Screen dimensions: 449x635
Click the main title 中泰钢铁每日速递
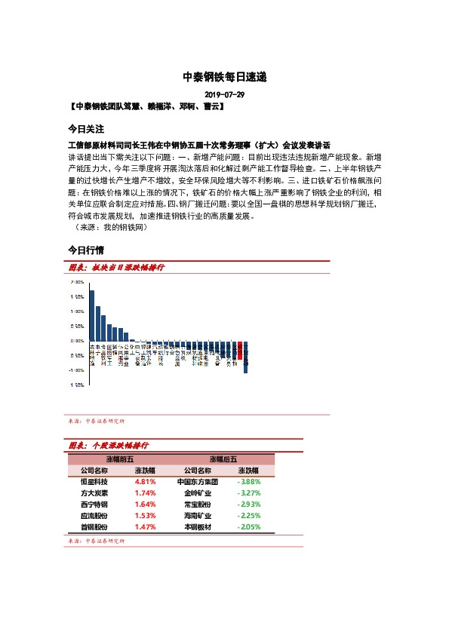pyautogui.click(x=224, y=77)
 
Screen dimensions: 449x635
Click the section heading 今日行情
pyautogui.click(x=85, y=249)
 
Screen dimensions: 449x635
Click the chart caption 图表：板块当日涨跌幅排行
pyautogui.click(x=116, y=268)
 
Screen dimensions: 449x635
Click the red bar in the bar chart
pyautogui.click(x=239, y=349)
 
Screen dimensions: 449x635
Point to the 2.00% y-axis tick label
pyautogui.click(x=77, y=282)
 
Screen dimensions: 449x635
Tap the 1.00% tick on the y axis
pyautogui.click(x=77, y=311)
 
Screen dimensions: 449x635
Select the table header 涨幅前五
pyautogui.click(x=120, y=459)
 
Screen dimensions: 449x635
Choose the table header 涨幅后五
pyautogui.click(x=223, y=459)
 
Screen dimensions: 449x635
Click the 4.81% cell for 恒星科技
pyautogui.click(x=145, y=481)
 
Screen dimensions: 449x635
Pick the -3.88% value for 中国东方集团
pyautogui.click(x=249, y=481)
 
